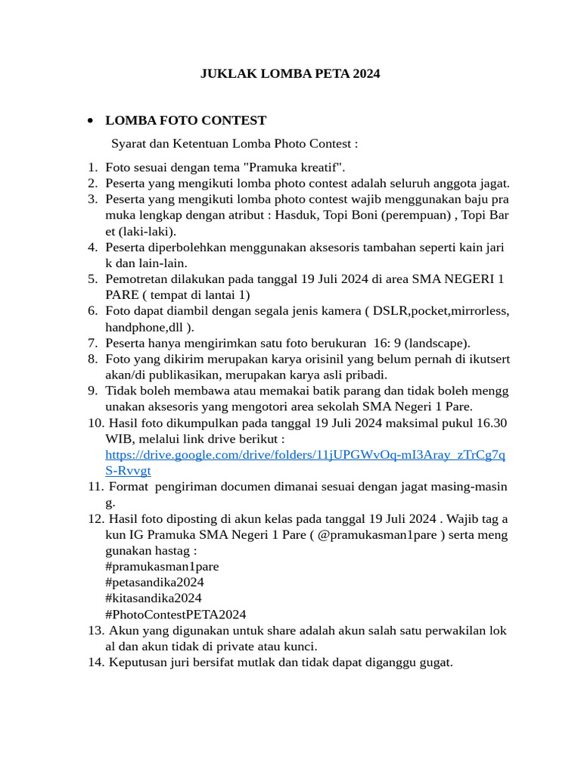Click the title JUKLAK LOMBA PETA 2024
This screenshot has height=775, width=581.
(290, 74)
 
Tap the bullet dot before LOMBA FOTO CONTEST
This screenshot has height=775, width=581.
(90, 121)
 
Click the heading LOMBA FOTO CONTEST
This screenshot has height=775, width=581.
(185, 120)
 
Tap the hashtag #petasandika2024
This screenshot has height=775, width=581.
(154, 582)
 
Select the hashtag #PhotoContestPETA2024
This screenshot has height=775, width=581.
(176, 614)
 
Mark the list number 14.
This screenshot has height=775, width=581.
(95, 662)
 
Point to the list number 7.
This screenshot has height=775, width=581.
(92, 342)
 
